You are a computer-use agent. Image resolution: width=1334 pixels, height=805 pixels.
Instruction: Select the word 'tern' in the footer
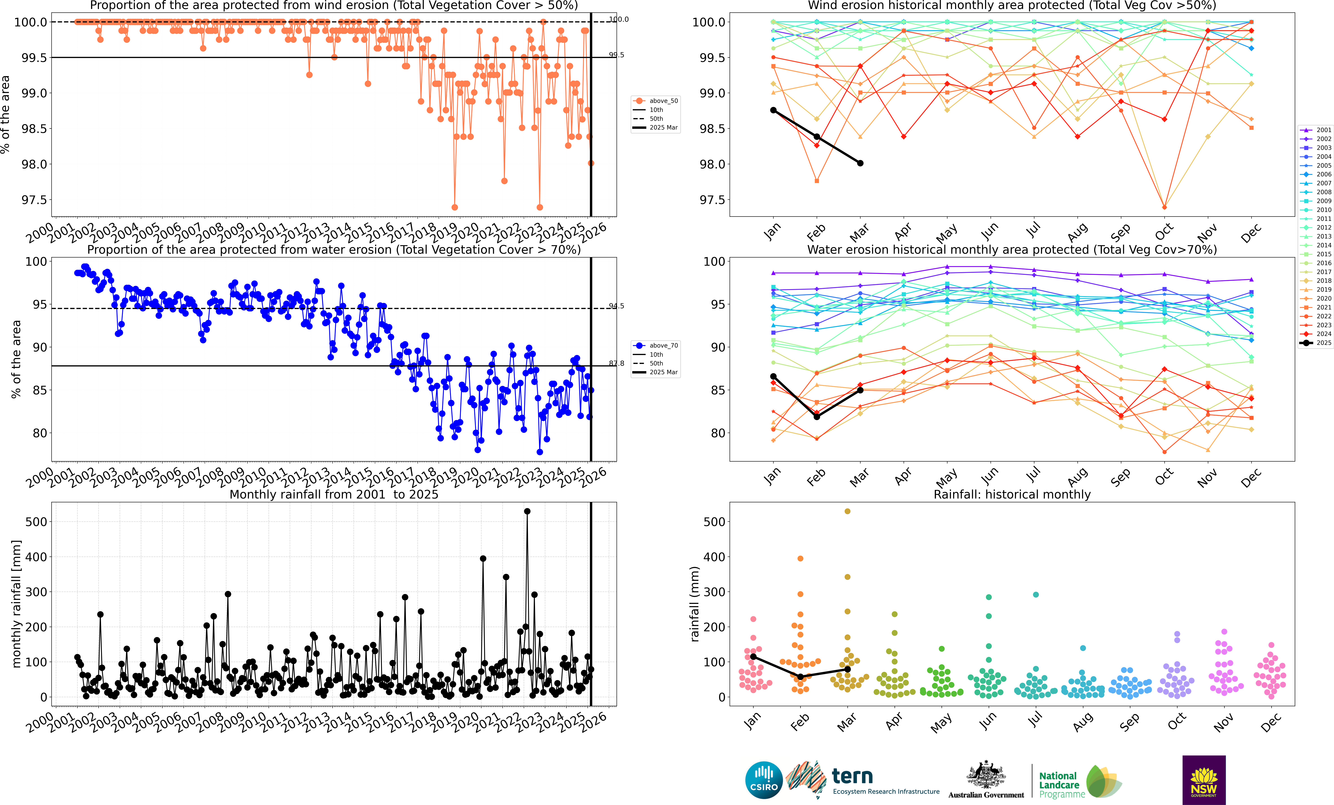(x=852, y=776)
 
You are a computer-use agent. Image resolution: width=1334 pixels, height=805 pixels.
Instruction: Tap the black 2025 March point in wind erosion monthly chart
(x=860, y=163)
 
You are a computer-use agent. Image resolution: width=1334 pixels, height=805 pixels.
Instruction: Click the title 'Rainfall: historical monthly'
(x=1012, y=494)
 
